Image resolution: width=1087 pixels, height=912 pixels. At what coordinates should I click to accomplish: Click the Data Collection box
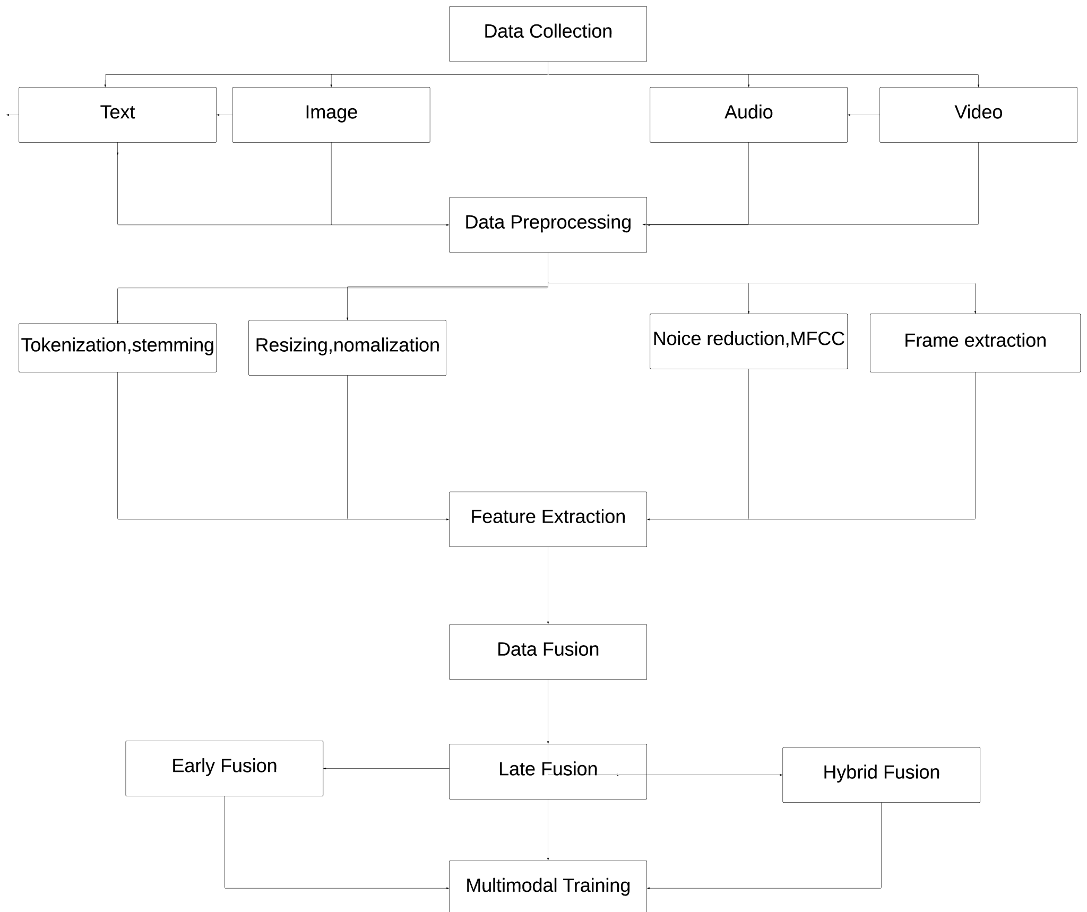click(x=548, y=34)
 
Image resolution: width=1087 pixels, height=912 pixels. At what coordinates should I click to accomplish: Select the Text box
click(x=117, y=115)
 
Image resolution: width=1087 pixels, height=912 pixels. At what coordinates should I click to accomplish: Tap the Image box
click(x=331, y=115)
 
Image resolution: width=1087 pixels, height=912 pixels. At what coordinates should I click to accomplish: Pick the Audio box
click(x=748, y=115)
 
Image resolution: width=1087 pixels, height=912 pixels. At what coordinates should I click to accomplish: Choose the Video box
click(x=978, y=115)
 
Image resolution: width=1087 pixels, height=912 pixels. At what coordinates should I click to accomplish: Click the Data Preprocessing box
click(x=548, y=224)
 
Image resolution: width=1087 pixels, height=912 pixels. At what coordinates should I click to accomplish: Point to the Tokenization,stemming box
click(x=117, y=348)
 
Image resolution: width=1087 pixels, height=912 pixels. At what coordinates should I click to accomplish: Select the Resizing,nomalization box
click(x=347, y=348)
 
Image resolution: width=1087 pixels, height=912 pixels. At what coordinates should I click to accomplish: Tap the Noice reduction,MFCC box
click(x=748, y=341)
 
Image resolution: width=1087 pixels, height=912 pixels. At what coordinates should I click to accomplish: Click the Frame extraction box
click(x=975, y=343)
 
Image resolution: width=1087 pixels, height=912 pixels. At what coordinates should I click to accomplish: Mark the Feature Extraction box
click(x=548, y=519)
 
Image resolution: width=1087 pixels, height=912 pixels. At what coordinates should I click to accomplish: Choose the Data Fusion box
click(x=548, y=652)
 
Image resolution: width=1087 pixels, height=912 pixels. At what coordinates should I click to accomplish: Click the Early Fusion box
click(x=224, y=768)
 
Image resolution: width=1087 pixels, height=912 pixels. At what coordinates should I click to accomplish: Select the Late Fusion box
click(x=548, y=771)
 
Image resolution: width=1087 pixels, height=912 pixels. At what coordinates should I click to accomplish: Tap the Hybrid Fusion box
click(x=881, y=775)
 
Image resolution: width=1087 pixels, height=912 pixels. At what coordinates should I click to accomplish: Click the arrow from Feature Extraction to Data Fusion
click(x=548, y=586)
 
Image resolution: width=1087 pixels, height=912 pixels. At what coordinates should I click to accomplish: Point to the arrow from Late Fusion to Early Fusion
click(x=386, y=768)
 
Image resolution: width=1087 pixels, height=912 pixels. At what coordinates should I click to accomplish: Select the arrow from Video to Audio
click(x=864, y=115)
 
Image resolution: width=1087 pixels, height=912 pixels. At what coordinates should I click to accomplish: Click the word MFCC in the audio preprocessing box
click(x=817, y=338)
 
